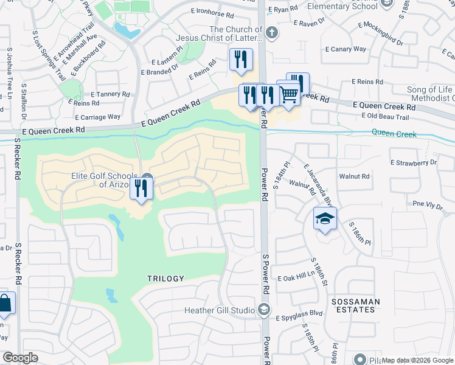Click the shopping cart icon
pos(290,94)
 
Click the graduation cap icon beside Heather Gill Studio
pos(263,310)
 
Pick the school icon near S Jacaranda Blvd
pos(325,218)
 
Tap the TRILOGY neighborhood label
pos(165,279)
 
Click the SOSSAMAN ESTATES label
pos(356,305)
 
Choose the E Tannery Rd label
pos(110,94)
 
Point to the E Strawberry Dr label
pos(414,162)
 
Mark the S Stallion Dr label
pos(23,102)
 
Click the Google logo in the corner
pos(20,358)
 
